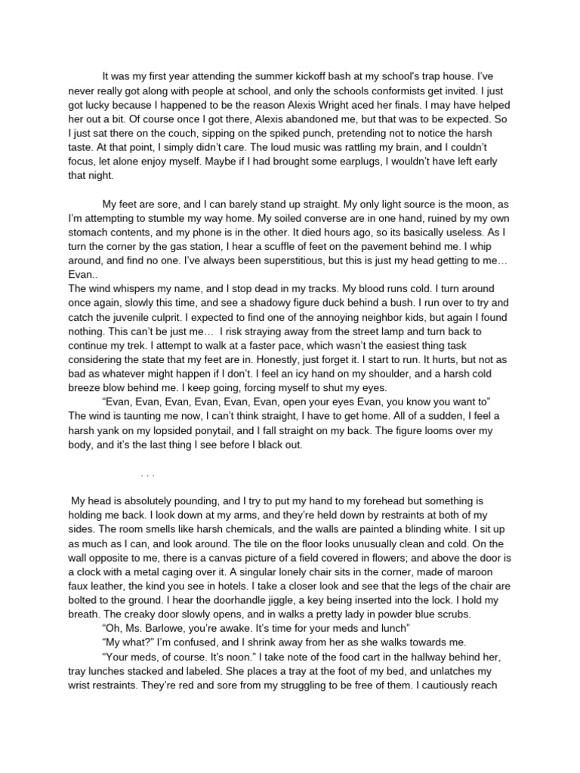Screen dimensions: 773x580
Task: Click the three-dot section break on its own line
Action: point(147,476)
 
